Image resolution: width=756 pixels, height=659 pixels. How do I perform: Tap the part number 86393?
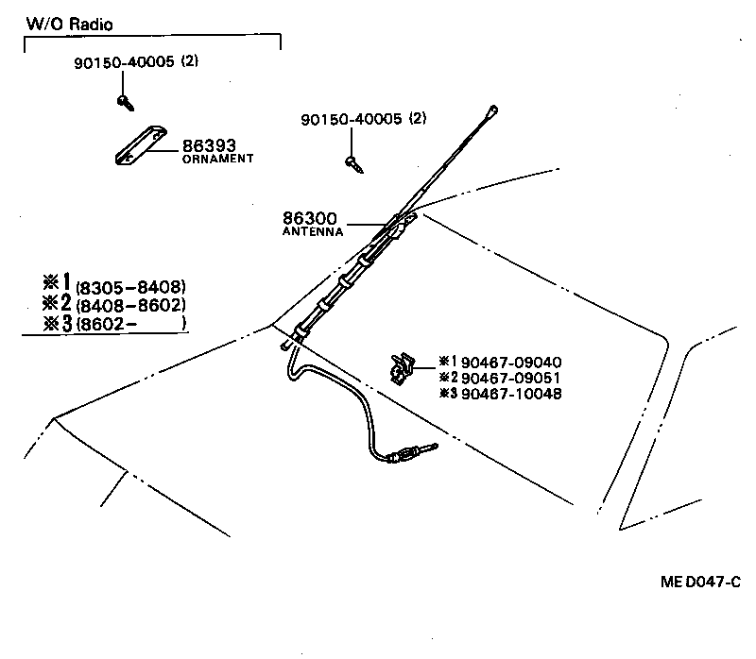click(x=209, y=146)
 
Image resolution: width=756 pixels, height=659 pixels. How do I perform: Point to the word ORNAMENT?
click(x=217, y=160)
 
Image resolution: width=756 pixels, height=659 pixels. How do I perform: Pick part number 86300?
click(x=310, y=218)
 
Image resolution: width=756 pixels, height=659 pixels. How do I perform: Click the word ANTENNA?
click(x=313, y=231)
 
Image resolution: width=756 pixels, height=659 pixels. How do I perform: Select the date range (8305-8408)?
click(x=130, y=287)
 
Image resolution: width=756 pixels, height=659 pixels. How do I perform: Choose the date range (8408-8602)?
click(x=130, y=305)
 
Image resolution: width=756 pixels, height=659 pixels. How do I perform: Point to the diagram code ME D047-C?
click(x=700, y=583)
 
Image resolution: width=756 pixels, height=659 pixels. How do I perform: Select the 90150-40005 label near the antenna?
click(x=351, y=120)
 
